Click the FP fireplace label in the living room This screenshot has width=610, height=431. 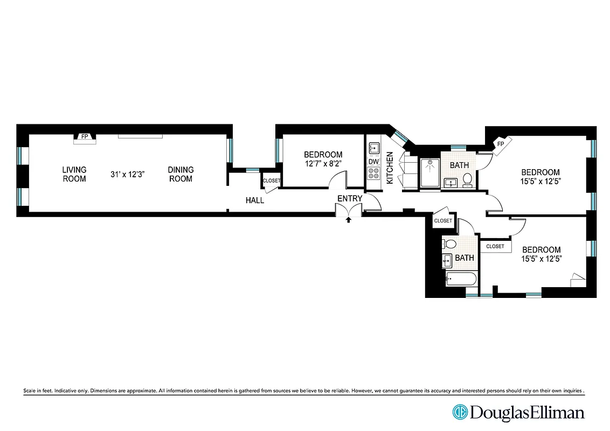85,137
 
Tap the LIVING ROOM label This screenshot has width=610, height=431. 74,174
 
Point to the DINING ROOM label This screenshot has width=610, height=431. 181,174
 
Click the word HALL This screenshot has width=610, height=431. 255,200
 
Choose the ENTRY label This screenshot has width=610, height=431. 349,199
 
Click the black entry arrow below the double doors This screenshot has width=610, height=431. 349,219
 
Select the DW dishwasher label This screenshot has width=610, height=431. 373,161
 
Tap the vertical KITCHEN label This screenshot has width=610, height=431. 390,168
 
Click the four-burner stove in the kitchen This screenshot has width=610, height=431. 373,173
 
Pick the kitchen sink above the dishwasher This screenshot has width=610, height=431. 373,147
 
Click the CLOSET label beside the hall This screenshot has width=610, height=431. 271,181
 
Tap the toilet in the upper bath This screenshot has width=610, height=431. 467,180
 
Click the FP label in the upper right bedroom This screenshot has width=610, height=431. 500,144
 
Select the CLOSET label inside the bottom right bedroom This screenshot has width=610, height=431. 495,246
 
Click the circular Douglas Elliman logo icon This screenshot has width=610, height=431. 460,413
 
